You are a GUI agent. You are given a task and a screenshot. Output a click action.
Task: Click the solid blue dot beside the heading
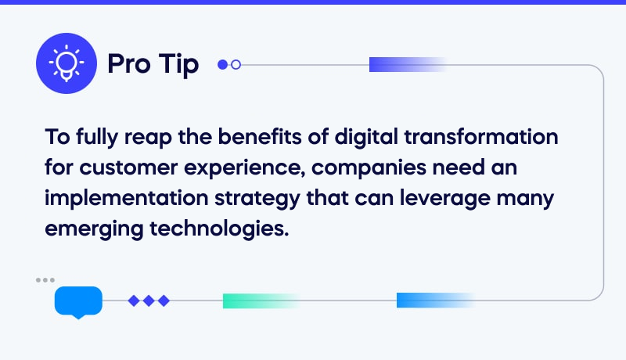(222, 65)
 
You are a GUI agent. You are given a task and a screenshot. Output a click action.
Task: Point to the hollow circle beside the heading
(236, 65)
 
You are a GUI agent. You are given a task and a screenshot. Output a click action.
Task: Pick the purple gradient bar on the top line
(407, 65)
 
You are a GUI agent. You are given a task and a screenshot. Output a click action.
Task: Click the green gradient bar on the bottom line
(261, 301)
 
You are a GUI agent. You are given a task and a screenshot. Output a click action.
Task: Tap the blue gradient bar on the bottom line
(435, 300)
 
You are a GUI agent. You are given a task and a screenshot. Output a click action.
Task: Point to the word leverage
(456, 198)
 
